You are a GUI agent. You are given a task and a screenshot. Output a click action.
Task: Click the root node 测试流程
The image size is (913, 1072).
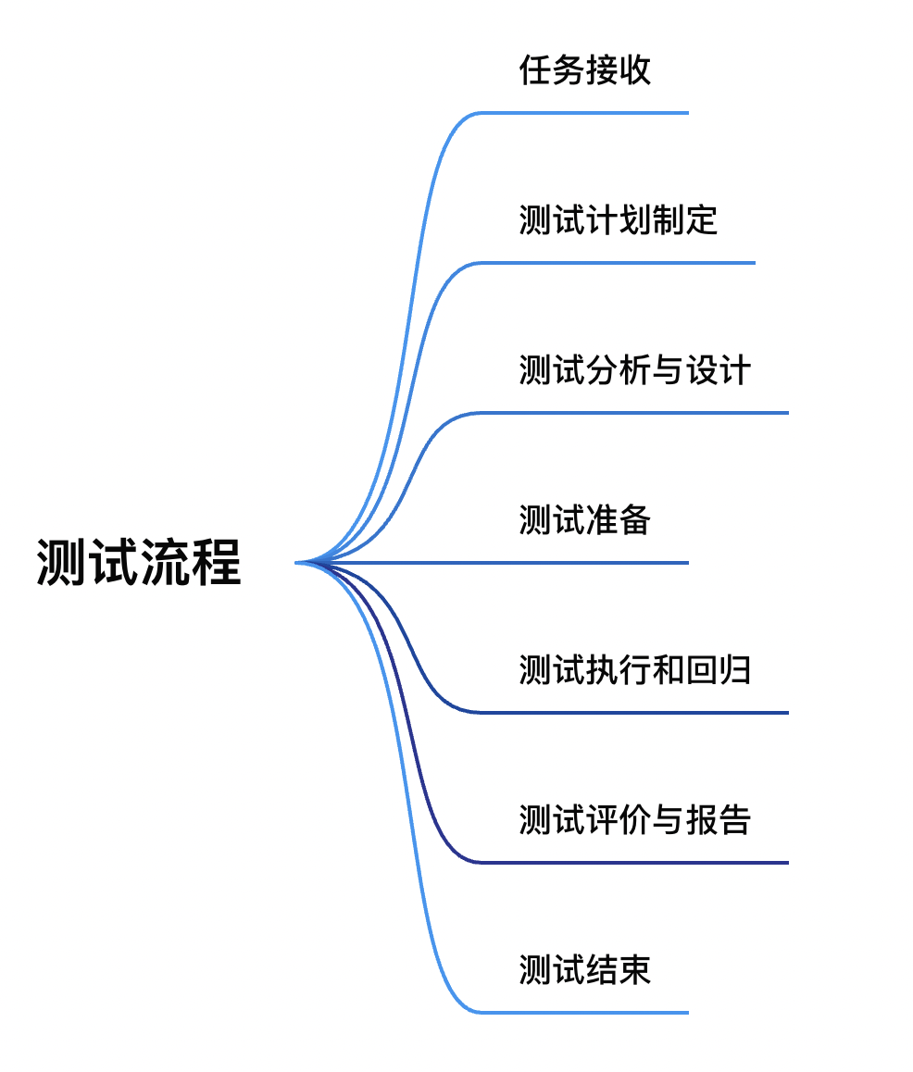click(139, 562)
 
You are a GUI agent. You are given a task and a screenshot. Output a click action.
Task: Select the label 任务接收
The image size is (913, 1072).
click(584, 70)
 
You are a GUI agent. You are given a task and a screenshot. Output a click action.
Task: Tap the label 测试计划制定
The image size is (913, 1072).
click(618, 220)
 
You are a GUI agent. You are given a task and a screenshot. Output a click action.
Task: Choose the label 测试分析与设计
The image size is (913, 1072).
click(634, 370)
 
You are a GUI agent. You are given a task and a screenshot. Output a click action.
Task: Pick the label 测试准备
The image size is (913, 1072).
click(584, 519)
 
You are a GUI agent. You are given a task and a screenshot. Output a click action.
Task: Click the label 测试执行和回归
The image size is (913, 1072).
click(634, 669)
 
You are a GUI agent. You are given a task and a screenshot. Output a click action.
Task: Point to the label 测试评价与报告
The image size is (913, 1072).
click(634, 819)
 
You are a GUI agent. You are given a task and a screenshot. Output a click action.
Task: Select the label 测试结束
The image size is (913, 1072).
click(584, 969)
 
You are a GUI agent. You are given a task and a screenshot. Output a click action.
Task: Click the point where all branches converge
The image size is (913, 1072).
click(302, 562)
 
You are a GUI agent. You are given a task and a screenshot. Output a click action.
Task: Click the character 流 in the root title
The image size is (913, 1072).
click(165, 562)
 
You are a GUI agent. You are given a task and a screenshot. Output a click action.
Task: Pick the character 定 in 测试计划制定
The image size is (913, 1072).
click(701, 220)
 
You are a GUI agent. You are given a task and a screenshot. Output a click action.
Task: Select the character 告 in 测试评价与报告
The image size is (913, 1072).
click(734, 819)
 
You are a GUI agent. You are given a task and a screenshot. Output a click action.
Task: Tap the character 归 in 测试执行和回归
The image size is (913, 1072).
click(734, 669)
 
